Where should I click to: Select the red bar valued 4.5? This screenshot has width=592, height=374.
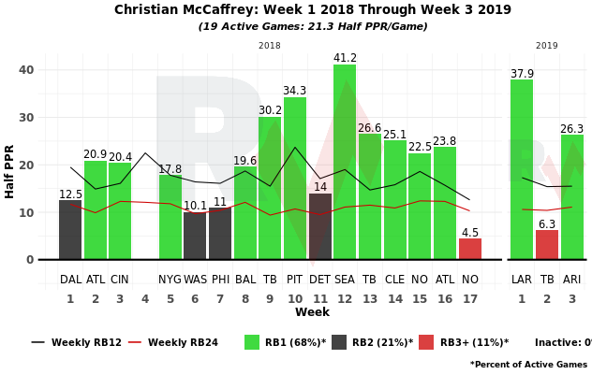pos(470,249)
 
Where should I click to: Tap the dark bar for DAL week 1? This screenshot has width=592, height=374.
pos(70,230)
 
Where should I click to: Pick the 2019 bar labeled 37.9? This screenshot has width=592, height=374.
pos(522,169)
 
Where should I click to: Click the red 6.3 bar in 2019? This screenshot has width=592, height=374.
pos(547,245)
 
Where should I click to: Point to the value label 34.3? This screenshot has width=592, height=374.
pos(295,91)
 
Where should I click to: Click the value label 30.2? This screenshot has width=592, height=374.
pos(270,109)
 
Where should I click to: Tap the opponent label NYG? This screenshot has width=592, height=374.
pos(170,280)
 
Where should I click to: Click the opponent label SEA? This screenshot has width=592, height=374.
pos(345,280)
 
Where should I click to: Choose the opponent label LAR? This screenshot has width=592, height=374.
pos(522,280)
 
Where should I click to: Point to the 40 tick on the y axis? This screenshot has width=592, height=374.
pos(26,70)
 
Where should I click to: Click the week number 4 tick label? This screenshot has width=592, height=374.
pos(145,299)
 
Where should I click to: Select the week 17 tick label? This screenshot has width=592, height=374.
pos(470,299)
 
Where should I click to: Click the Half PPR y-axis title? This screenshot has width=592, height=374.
pos(10,171)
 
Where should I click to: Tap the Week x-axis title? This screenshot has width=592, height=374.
pos(312,313)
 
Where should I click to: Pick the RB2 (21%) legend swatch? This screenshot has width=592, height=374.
pos(339,342)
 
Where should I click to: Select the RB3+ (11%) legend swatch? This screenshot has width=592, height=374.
pos(426,342)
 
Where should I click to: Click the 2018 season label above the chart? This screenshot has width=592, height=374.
pos(270,45)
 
